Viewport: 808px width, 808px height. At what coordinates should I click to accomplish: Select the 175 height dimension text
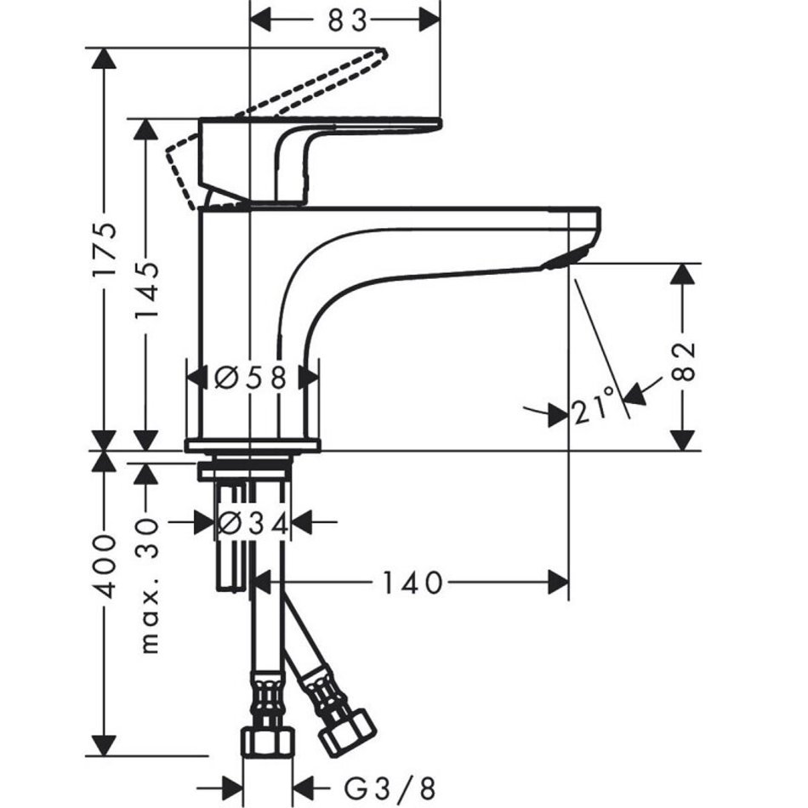coord(104,249)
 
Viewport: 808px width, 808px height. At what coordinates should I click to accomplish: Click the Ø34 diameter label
coord(253,522)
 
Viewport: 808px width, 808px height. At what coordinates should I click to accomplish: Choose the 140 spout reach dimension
coord(412,583)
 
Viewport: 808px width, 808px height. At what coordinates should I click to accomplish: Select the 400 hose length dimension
coord(104,566)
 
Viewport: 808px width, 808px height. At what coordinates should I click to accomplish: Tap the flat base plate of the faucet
coord(253,445)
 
